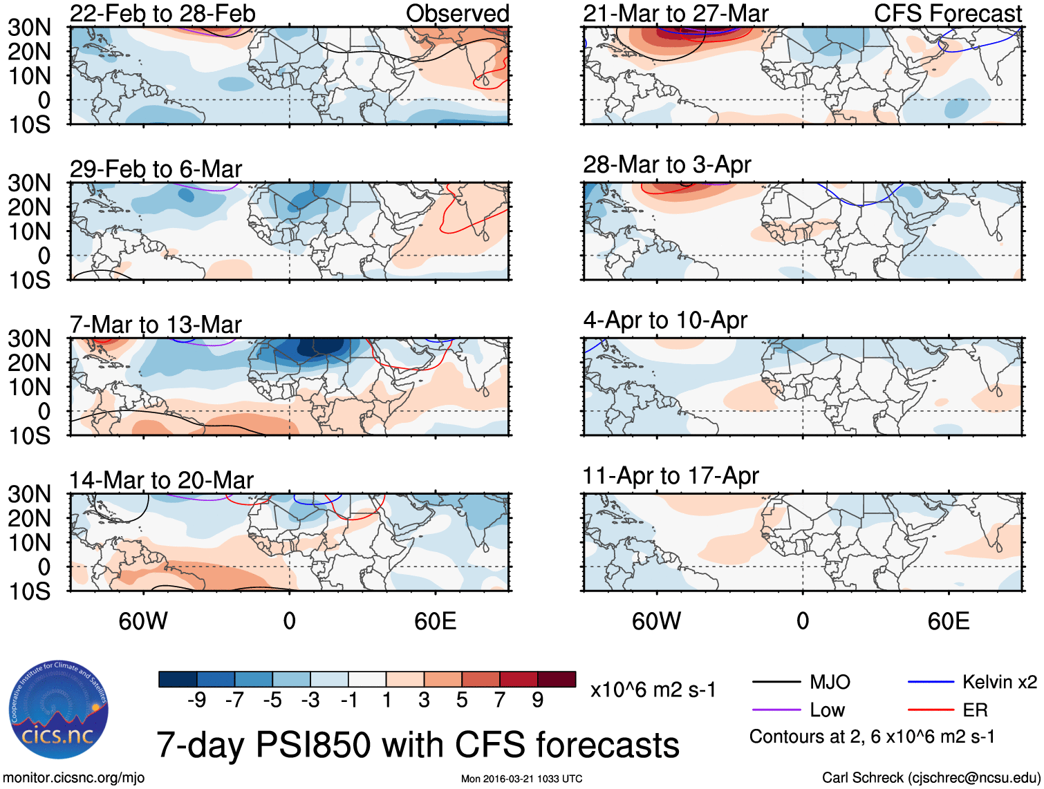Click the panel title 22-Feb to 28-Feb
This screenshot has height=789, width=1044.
(x=162, y=13)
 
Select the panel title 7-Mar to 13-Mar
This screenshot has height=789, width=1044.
(x=156, y=324)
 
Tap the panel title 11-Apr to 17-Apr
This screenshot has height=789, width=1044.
(x=671, y=475)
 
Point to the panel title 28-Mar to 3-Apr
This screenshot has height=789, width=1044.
(x=667, y=164)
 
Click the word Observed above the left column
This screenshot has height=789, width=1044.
(x=457, y=13)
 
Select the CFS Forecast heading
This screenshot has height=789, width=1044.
(x=948, y=13)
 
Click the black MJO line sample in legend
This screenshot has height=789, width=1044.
(x=776, y=682)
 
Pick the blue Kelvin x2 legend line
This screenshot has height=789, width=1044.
(x=931, y=682)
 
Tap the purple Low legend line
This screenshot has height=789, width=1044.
(x=776, y=710)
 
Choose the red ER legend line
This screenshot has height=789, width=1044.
(x=931, y=710)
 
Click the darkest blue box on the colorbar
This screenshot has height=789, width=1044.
(x=178, y=679)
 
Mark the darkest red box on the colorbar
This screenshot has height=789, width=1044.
(x=557, y=679)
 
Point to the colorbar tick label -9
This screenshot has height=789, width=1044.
(x=196, y=700)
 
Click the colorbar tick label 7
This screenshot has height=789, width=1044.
(x=500, y=700)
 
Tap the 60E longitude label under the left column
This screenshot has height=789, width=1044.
(x=436, y=621)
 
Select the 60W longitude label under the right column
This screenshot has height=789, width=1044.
(x=656, y=621)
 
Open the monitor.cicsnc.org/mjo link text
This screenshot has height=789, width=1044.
(x=74, y=777)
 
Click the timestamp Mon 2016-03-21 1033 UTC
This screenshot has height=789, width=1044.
(x=521, y=779)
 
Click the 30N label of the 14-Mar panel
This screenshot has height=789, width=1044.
(x=30, y=494)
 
